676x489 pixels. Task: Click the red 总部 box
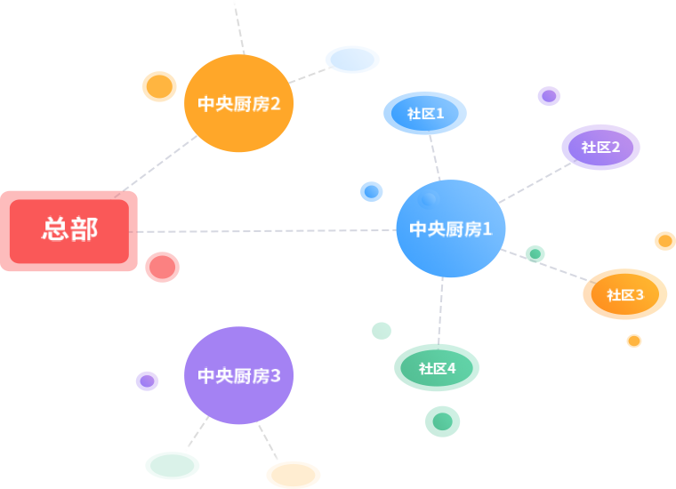pos(69,230)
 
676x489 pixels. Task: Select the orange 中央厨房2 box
pos(238,103)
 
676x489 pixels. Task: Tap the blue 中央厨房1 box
pos(450,228)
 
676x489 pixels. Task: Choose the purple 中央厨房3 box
pos(238,375)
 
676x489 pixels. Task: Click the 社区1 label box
pos(424,113)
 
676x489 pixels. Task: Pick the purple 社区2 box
pos(600,147)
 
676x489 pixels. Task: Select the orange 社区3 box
pos(624,294)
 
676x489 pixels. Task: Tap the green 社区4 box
pos(436,367)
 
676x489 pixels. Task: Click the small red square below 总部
pos(162,267)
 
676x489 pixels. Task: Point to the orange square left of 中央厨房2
pos(159,86)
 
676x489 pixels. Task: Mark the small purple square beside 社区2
pos(548,96)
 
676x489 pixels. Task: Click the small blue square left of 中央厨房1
pos(371,191)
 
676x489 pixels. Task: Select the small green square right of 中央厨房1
pos(535,253)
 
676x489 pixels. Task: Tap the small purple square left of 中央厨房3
pos(147,381)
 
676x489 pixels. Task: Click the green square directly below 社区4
pos(442,421)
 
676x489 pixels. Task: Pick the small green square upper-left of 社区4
pos(381,331)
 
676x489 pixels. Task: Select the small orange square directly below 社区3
pos(633,341)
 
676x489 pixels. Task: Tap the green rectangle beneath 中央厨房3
pos(172,465)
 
